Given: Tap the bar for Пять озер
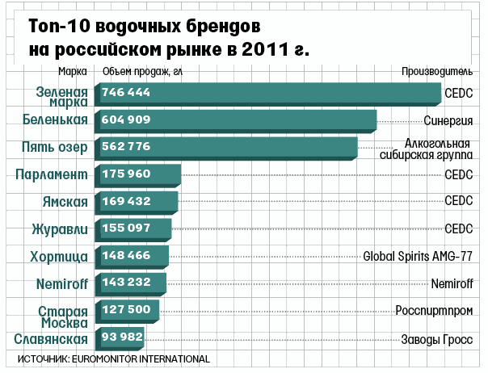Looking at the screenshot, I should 226,147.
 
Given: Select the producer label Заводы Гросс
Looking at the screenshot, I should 437,338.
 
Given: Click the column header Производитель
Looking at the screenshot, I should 437,71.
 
